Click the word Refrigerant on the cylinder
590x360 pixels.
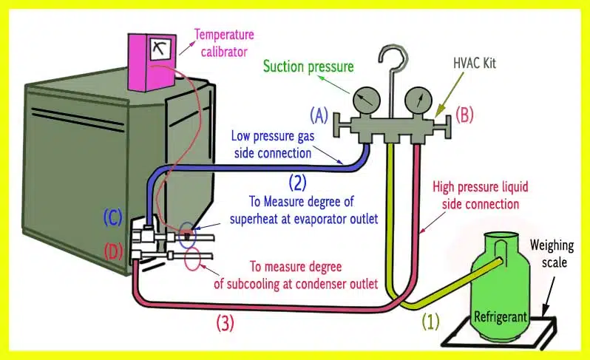501,316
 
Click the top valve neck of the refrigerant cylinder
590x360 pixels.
499,238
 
